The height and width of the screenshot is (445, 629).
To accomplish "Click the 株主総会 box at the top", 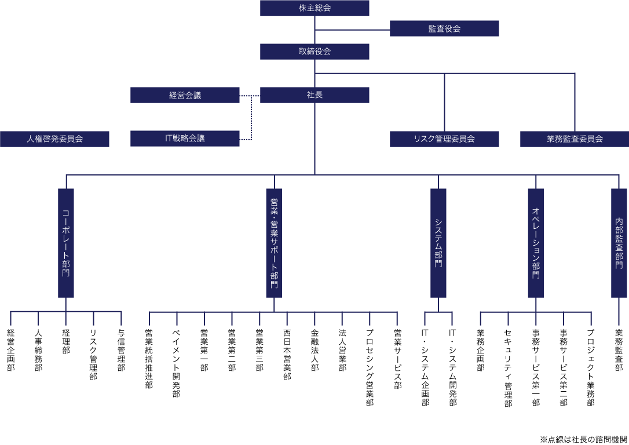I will pyautogui.click(x=314, y=8).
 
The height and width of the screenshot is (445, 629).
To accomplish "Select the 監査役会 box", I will pyautogui.click(x=444, y=28).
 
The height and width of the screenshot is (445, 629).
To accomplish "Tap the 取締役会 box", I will pyautogui.click(x=314, y=52).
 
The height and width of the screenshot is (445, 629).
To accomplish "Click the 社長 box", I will pyautogui.click(x=314, y=95).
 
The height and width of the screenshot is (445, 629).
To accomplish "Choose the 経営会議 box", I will pyautogui.click(x=185, y=95).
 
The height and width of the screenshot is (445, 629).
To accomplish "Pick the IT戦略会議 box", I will pyautogui.click(x=185, y=138).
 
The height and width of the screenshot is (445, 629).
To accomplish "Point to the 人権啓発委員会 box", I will pyautogui.click(x=54, y=139).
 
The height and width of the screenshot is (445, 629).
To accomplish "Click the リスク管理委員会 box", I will pyautogui.click(x=444, y=139).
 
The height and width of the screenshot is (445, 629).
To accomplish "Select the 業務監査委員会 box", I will pyautogui.click(x=575, y=139).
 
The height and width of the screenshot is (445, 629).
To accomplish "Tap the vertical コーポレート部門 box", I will pyautogui.click(x=66, y=243).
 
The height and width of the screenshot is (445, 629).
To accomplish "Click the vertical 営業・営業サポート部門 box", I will pyautogui.click(x=274, y=243).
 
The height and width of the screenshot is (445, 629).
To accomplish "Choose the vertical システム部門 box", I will pyautogui.click(x=438, y=243).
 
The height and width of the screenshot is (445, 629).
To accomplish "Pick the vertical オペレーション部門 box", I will pyautogui.click(x=536, y=243).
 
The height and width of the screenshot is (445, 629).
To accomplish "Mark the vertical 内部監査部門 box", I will pyautogui.click(x=619, y=243).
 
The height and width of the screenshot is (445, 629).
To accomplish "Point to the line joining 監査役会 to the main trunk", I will pyautogui.click(x=352, y=30).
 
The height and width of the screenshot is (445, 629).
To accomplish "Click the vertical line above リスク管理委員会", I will pyautogui.click(x=444, y=102).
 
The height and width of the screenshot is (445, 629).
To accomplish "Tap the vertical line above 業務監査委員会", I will pyautogui.click(x=575, y=102).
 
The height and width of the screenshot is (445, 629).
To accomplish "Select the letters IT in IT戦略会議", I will pyautogui.click(x=169, y=138).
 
